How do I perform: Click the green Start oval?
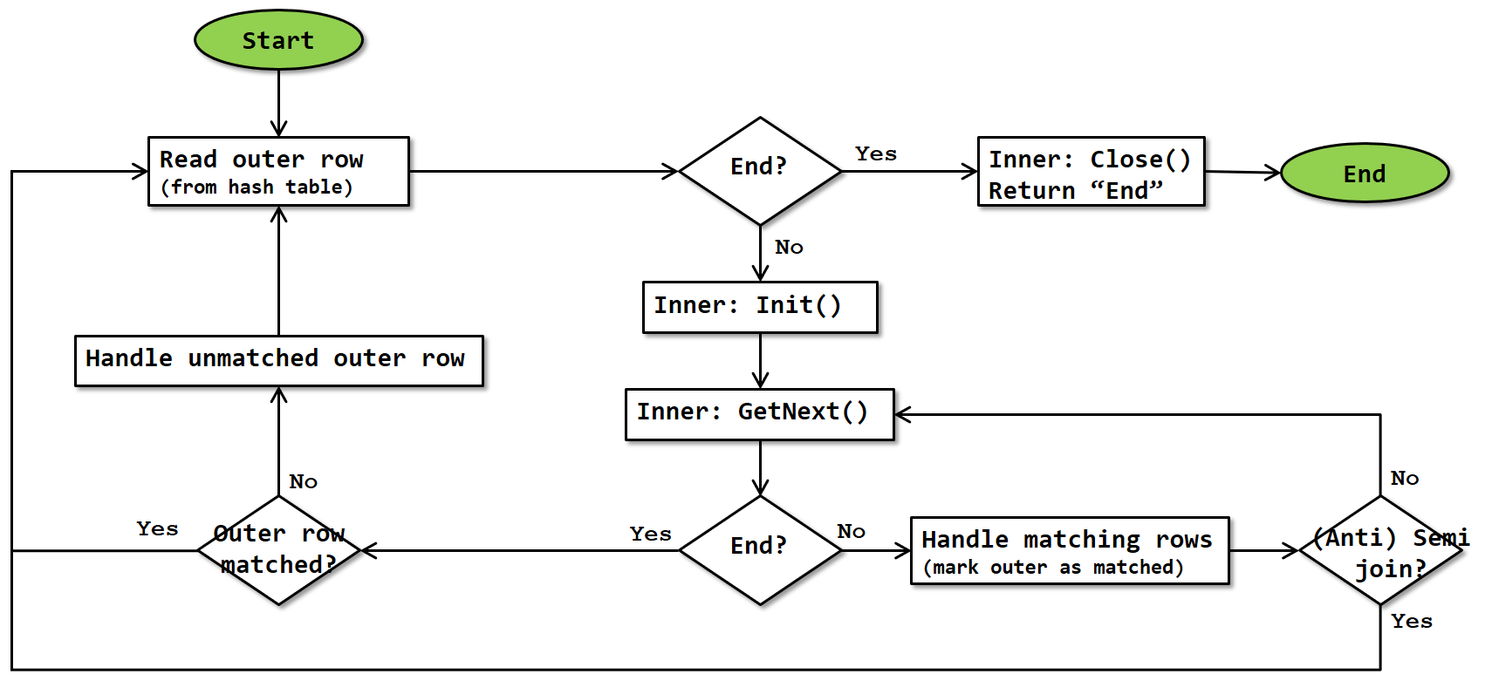278,40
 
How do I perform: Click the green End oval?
1364,174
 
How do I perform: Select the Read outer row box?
278,171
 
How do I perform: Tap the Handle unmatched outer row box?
278,360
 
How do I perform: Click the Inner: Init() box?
759,306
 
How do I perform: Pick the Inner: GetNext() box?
759,413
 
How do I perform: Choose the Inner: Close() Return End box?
1091,171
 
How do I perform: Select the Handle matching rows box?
1070,550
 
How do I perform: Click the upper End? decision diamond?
759,170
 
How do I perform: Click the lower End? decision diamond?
759,549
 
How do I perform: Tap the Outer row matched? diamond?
278,549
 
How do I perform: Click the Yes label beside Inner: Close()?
875,154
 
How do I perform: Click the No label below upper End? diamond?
789,248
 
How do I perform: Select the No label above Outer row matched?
303,482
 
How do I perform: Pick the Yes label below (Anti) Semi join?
1411,622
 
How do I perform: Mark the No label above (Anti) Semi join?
1404,479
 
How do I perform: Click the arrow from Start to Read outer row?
278,103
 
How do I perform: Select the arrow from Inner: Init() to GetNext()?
760,360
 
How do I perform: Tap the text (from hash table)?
257,187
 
